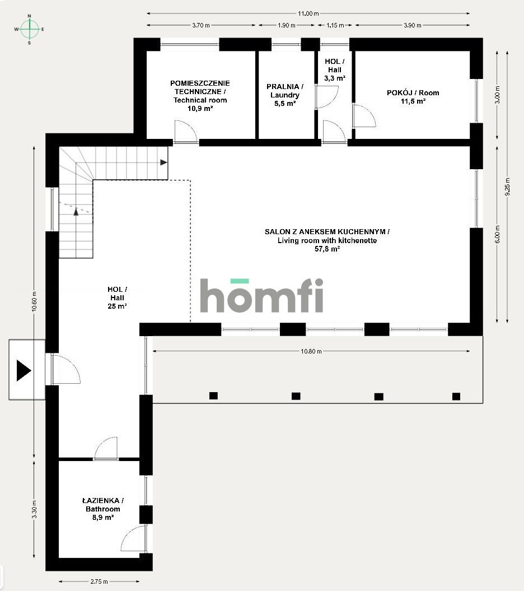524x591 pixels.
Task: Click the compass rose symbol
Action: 29,29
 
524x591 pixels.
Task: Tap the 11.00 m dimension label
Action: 308,13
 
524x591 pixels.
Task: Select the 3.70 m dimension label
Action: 200,25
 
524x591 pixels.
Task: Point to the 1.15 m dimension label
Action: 335,25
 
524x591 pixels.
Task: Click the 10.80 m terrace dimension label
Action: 311,351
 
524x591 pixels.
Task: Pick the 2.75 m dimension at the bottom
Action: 99,581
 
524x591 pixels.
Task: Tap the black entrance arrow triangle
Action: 23,371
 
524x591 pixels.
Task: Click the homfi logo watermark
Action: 262,295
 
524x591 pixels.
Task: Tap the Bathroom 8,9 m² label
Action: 102,509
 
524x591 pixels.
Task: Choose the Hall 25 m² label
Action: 117,298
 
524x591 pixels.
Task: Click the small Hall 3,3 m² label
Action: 335,69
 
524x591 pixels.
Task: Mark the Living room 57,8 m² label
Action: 327,240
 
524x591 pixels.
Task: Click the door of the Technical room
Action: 185,133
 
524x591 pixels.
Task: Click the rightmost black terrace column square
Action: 456,396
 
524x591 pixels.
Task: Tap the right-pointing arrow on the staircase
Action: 163,162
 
